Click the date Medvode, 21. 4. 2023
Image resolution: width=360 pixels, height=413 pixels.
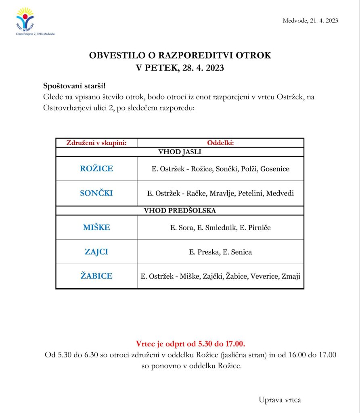coord(310,21)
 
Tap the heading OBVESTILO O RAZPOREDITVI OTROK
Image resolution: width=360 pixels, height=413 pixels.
coord(180,56)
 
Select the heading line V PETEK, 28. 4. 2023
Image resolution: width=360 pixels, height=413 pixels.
coord(180,68)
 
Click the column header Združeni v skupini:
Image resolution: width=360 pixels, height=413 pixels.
coord(96,143)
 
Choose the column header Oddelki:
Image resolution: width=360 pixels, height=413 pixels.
coord(220,143)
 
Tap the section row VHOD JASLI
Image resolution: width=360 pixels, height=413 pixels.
coord(180,152)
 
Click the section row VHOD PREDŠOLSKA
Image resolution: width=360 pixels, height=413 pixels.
coord(180,211)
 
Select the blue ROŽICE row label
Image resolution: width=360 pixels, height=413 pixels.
coord(96,169)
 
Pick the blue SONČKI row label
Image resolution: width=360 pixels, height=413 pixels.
coord(96,193)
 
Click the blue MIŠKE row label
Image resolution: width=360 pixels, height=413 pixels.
coord(96,227)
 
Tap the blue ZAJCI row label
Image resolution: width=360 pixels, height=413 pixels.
coord(96,252)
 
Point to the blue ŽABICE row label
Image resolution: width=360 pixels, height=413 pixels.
coord(96,276)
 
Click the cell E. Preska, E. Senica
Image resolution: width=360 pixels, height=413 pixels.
coord(220,252)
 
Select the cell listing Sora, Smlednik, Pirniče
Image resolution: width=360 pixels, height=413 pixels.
coord(220,227)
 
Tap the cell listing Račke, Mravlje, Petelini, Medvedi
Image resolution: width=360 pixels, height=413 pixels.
coord(220,193)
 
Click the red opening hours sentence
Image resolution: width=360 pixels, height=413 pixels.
coord(190,344)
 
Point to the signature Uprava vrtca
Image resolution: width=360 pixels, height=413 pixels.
coord(280,400)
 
